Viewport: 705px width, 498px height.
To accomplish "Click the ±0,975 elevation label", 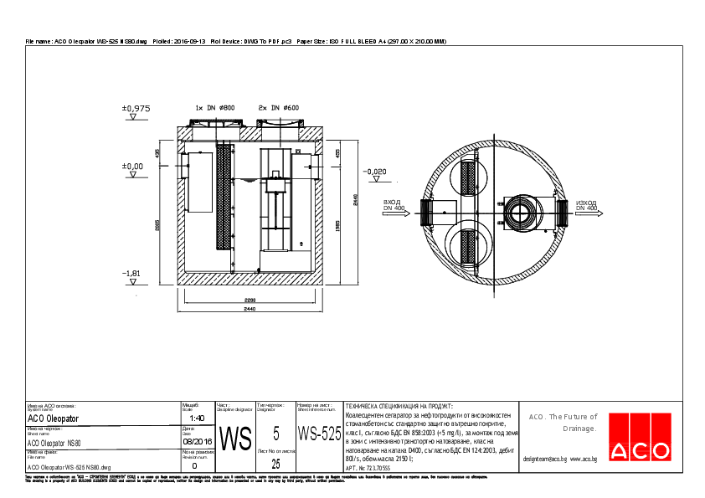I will click(136, 109).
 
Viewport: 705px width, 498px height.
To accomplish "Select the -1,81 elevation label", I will click(131, 274).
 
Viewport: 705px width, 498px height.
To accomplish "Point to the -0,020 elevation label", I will click(375, 172).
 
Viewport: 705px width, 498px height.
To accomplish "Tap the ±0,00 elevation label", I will click(133, 167).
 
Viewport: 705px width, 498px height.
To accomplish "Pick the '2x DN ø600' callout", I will click(279, 108).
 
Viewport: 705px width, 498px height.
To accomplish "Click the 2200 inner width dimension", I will click(250, 299).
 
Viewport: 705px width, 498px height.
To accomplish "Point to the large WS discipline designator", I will click(234, 437).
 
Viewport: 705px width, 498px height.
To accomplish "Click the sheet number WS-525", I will click(319, 434).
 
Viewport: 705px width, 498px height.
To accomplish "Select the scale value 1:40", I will click(198, 418).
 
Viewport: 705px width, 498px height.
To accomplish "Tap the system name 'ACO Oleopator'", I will click(54, 418).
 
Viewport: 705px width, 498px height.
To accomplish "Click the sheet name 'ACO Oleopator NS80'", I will click(54, 443).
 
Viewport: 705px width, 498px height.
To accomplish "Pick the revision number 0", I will click(194, 466).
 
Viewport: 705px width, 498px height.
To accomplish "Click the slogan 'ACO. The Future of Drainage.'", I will click(562, 423).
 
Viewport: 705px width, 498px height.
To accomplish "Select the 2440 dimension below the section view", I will click(250, 311).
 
